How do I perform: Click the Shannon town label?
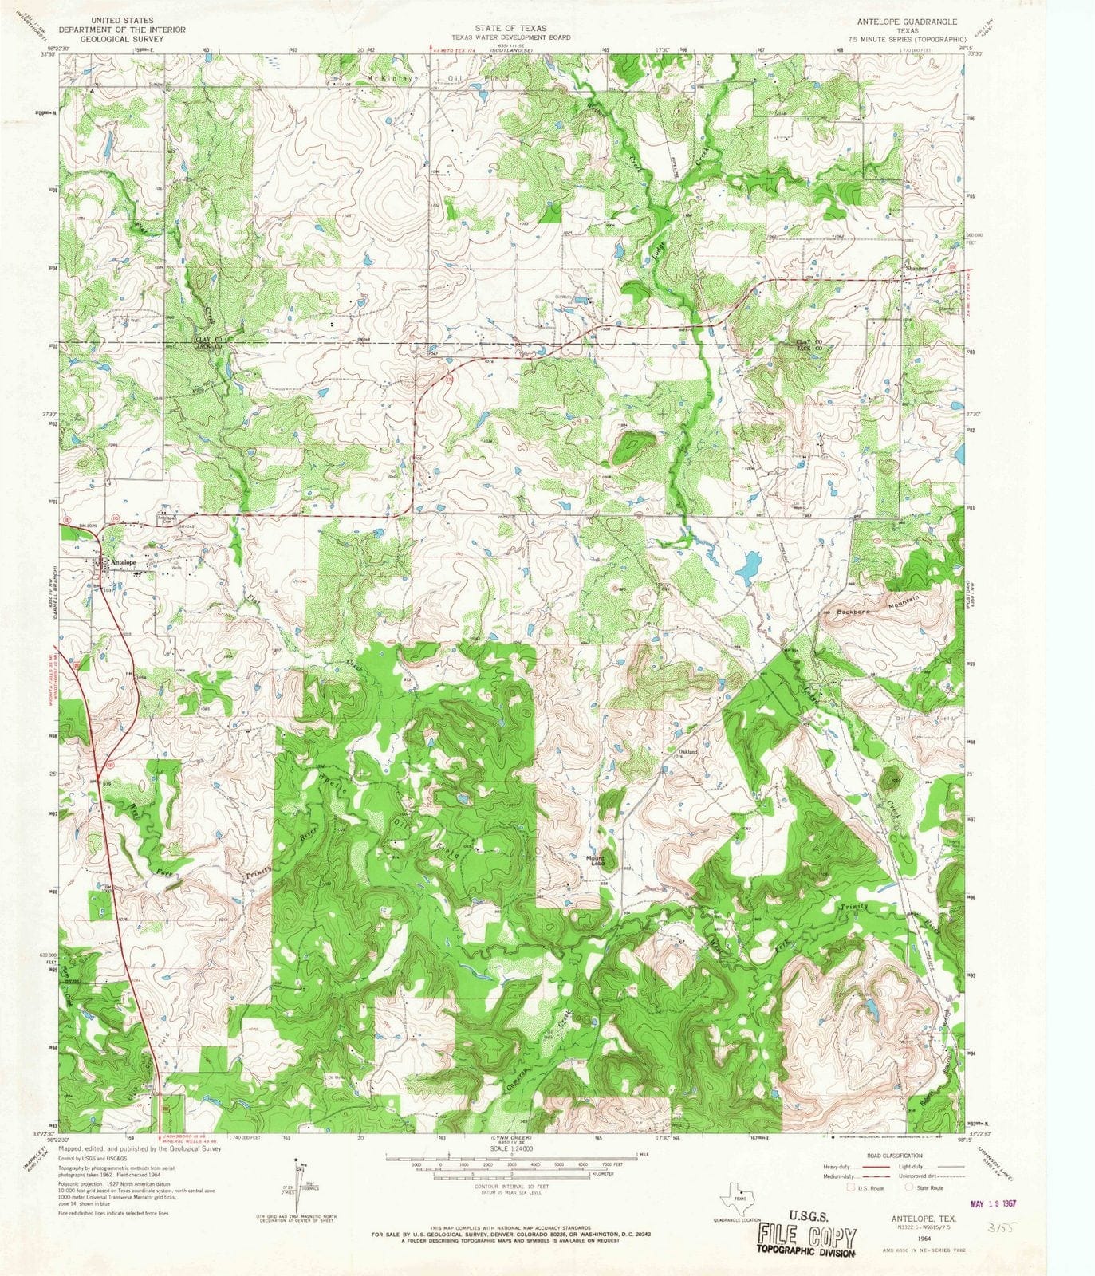[916, 270]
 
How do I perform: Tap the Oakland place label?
[687, 752]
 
